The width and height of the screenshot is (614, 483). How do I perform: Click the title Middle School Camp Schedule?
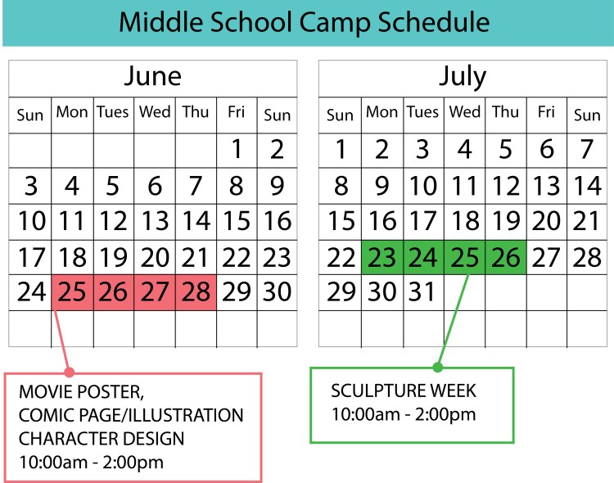[305, 21]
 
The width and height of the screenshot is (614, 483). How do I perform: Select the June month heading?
[153, 77]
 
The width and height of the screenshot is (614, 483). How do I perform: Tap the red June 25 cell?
[72, 292]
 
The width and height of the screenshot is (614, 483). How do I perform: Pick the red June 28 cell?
[196, 292]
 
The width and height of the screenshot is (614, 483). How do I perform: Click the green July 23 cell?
[381, 258]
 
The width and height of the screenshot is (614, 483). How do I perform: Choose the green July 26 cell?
[506, 258]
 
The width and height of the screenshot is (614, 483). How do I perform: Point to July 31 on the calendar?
[422, 292]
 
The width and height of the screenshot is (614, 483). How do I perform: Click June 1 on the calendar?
[237, 150]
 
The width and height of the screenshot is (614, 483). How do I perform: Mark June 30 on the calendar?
[278, 292]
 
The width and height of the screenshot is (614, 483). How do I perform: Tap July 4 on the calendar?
[464, 150]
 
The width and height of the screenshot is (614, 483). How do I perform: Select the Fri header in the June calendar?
[237, 113]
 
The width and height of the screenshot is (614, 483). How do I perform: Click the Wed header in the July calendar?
[464, 113]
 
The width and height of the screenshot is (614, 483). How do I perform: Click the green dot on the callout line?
[437, 366]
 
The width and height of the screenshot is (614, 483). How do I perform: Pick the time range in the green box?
[403, 414]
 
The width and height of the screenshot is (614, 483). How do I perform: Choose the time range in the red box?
[91, 462]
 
